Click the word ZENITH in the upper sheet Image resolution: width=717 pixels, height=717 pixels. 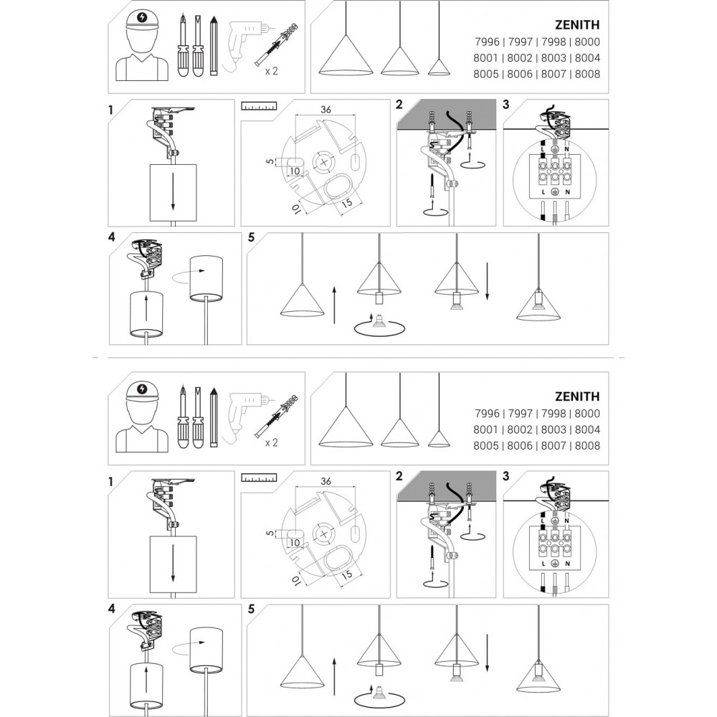pyautogui.click(x=577, y=24)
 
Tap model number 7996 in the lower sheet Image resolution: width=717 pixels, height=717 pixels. pyautogui.click(x=487, y=414)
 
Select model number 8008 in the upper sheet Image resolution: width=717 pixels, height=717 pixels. pyautogui.click(x=587, y=74)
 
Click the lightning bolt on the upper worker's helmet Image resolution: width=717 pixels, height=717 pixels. pyautogui.click(x=142, y=17)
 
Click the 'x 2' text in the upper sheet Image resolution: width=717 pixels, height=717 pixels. pyautogui.click(x=272, y=71)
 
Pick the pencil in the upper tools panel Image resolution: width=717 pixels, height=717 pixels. pyautogui.click(x=213, y=46)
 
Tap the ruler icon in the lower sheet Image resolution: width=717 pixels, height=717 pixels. pyautogui.click(x=259, y=478)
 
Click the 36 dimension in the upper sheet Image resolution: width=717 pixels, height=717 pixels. pyautogui.click(x=326, y=109)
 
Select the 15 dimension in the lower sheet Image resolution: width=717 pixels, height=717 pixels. pyautogui.click(x=347, y=574)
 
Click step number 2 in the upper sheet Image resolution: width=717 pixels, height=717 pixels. pyautogui.click(x=399, y=105)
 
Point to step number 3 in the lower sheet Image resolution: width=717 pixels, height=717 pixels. pyautogui.click(x=505, y=477)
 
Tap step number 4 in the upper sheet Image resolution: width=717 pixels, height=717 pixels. pyautogui.click(x=112, y=237)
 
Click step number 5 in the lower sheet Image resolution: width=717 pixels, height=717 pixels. pyautogui.click(x=251, y=609)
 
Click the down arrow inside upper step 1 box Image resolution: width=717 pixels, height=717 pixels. pyautogui.click(x=173, y=191)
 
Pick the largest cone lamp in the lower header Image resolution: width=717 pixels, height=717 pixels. pyautogui.click(x=346, y=426)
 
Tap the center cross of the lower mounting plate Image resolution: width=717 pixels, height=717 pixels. pyautogui.click(x=324, y=534)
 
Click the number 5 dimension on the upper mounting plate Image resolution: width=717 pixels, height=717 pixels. pyautogui.click(x=270, y=161)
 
